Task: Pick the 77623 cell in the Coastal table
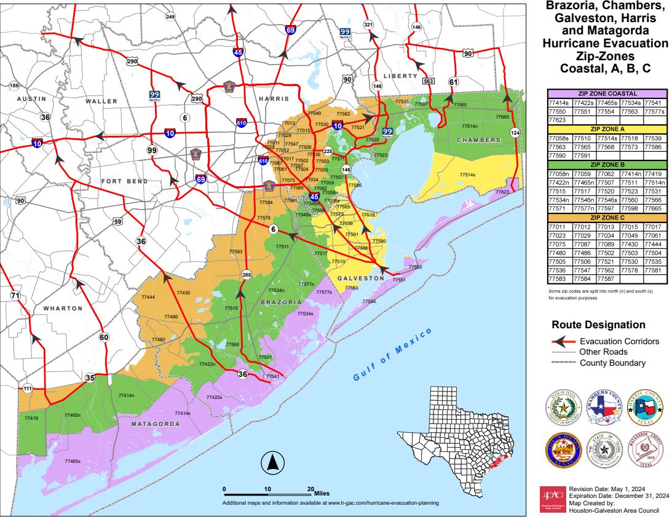pyautogui.click(x=559, y=120)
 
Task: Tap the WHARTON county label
pyautogui.click(x=63, y=308)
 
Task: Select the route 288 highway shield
pyautogui.click(x=247, y=275)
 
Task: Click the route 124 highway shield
pyautogui.click(x=514, y=133)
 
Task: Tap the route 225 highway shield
pyautogui.click(x=328, y=151)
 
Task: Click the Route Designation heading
pyautogui.click(x=598, y=325)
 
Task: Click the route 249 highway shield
pyautogui.click(x=170, y=17)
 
